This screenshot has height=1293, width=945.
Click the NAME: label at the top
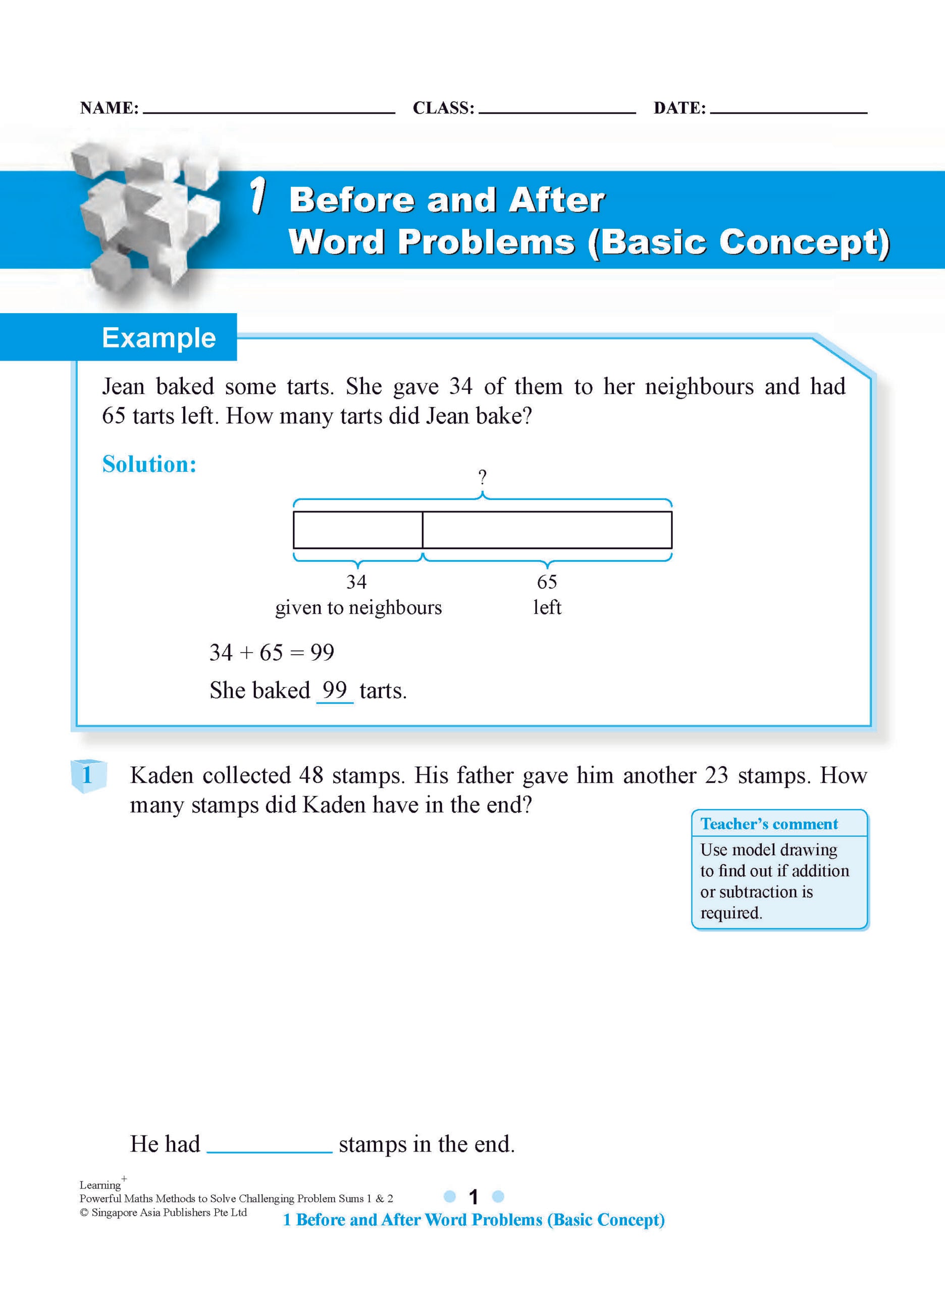point(109,108)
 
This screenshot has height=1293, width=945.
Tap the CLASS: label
point(443,108)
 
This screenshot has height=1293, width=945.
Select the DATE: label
point(679,108)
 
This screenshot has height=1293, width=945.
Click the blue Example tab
point(159,338)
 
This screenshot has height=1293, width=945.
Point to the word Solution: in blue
point(149,464)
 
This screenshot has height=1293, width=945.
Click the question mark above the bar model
point(482,476)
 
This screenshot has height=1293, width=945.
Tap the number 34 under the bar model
point(356,581)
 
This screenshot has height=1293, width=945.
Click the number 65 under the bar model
point(547,581)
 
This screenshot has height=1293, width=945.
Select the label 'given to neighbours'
point(358,607)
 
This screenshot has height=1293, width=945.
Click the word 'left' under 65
point(547,607)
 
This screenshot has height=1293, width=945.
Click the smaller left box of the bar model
point(357,530)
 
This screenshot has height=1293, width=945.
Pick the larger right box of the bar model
point(547,530)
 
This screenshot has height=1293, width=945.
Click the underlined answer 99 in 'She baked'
point(335,690)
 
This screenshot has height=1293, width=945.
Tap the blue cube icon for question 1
point(88,776)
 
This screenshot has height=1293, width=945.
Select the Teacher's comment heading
point(769,824)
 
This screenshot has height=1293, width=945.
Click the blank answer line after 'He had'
point(270,1144)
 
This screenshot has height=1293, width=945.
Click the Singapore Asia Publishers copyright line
point(164,1212)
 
